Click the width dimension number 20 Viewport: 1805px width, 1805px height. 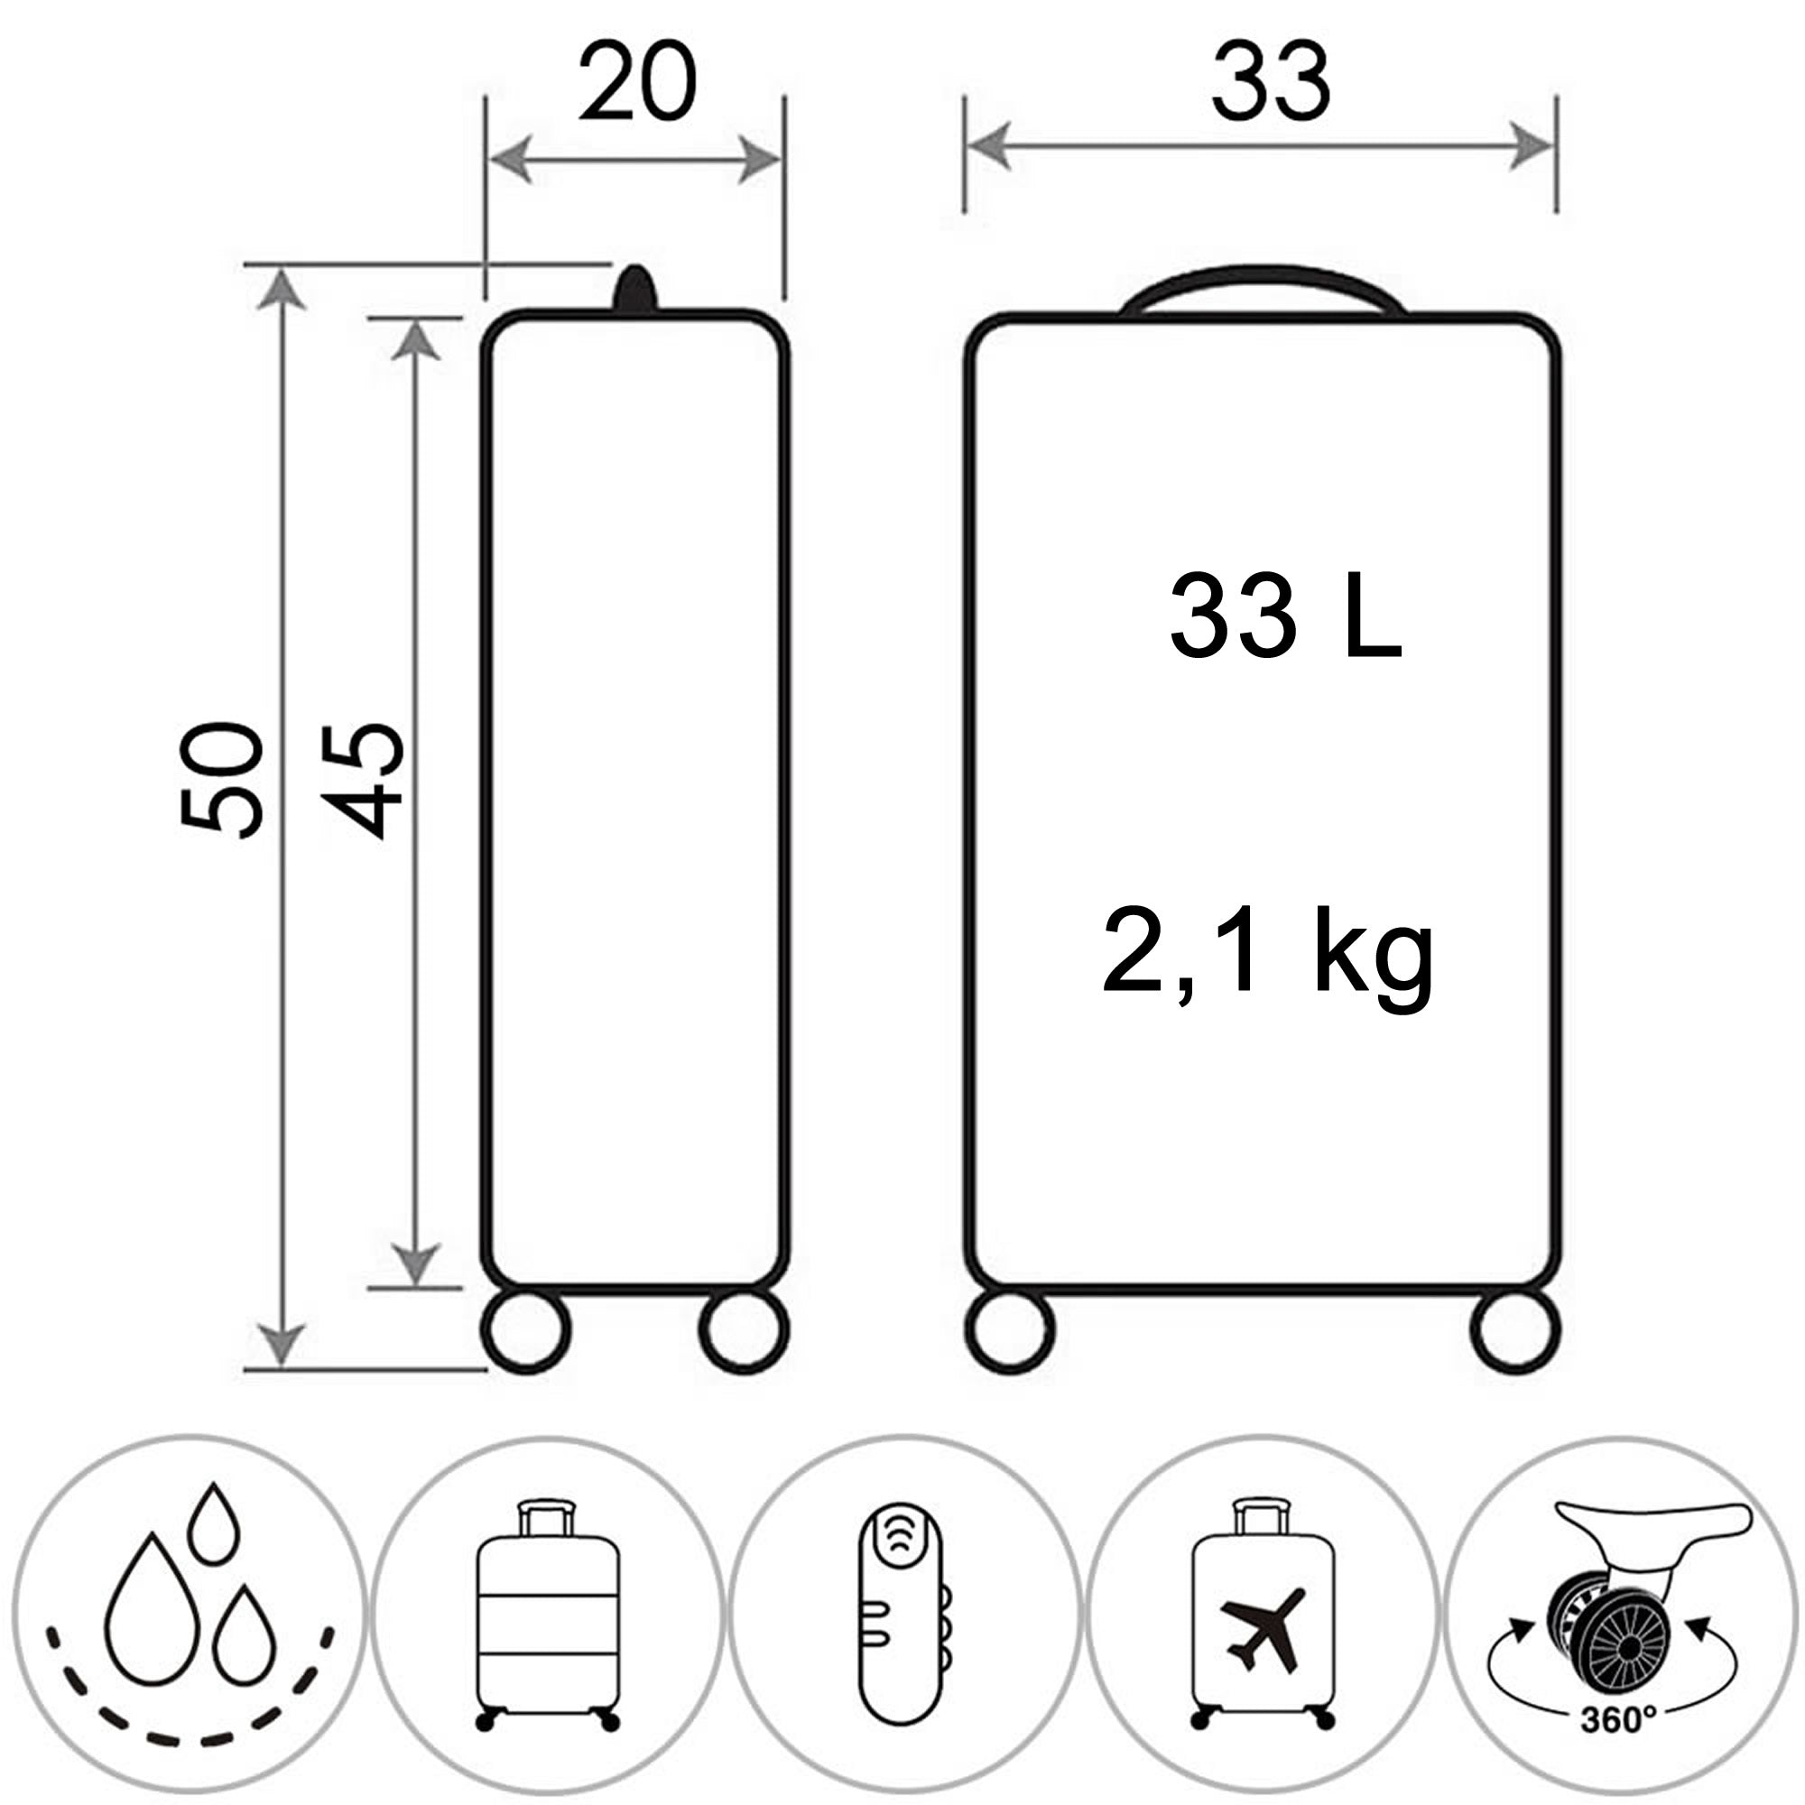click(x=637, y=82)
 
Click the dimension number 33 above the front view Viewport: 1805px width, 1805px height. click(x=1271, y=82)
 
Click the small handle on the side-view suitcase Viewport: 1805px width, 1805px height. click(x=635, y=288)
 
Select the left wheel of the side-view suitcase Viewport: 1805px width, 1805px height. click(x=526, y=1329)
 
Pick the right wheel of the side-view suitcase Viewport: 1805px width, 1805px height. click(x=744, y=1329)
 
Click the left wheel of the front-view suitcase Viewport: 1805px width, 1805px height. click(x=1010, y=1329)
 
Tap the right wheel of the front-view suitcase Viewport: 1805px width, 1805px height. click(x=1515, y=1329)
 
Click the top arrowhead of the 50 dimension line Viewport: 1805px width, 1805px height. click(x=282, y=290)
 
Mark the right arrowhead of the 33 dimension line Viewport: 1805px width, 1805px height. click(x=1532, y=147)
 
